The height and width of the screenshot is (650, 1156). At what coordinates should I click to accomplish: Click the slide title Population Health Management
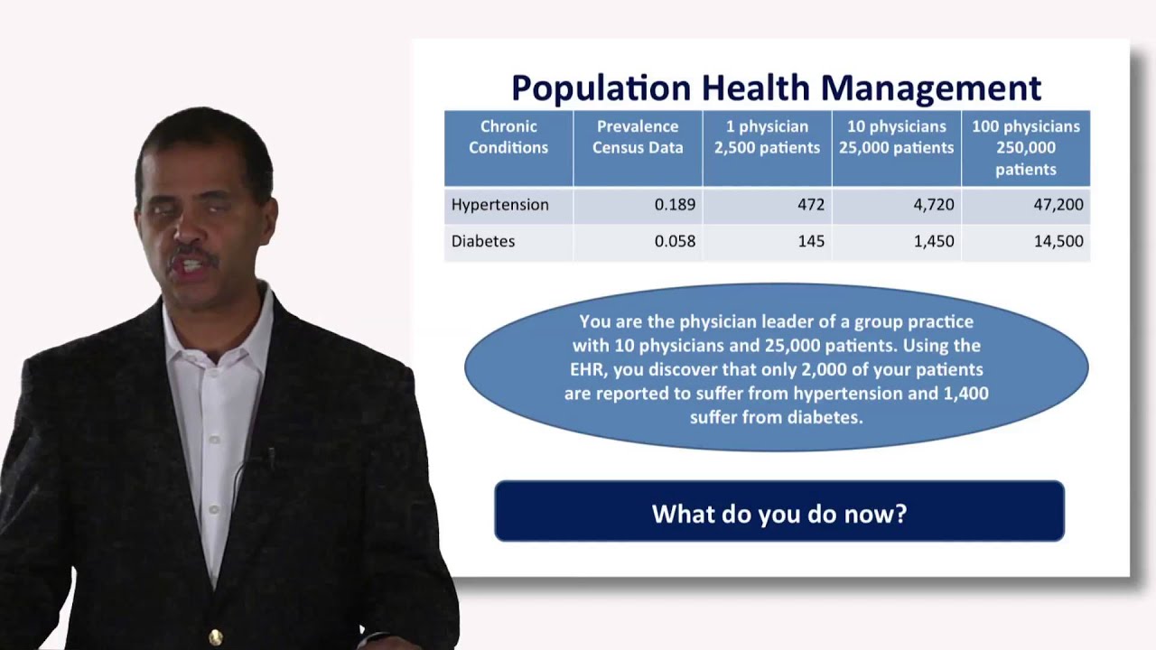point(776,88)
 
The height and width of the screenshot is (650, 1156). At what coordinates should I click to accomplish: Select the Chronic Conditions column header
point(508,137)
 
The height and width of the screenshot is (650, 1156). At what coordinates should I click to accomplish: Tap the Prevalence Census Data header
point(638,137)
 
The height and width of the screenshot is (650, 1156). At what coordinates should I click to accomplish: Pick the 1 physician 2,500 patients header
point(767,137)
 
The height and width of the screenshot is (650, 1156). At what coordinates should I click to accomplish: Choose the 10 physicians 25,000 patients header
point(896,137)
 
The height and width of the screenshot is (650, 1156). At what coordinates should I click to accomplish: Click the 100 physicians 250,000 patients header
point(1025,147)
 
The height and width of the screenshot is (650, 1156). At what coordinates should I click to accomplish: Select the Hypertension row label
point(500,205)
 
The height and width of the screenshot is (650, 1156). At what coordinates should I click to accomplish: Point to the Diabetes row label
point(483,242)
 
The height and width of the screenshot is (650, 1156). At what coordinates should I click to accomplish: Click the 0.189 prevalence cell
point(675,205)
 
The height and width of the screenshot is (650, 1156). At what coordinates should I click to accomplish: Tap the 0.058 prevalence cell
point(675,242)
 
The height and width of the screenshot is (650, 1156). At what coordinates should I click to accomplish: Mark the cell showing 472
point(810,205)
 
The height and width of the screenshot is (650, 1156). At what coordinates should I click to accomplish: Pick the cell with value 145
point(810,242)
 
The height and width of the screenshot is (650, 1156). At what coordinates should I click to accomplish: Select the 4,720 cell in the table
point(933,205)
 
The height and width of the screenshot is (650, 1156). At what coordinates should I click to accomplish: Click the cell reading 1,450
point(933,242)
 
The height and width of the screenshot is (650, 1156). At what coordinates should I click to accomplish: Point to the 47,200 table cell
point(1058,205)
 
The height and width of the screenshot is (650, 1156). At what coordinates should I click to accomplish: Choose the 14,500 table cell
point(1058,242)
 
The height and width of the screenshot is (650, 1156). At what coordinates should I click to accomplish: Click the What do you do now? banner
point(778,514)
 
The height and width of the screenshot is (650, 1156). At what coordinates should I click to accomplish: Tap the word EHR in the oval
point(585,369)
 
